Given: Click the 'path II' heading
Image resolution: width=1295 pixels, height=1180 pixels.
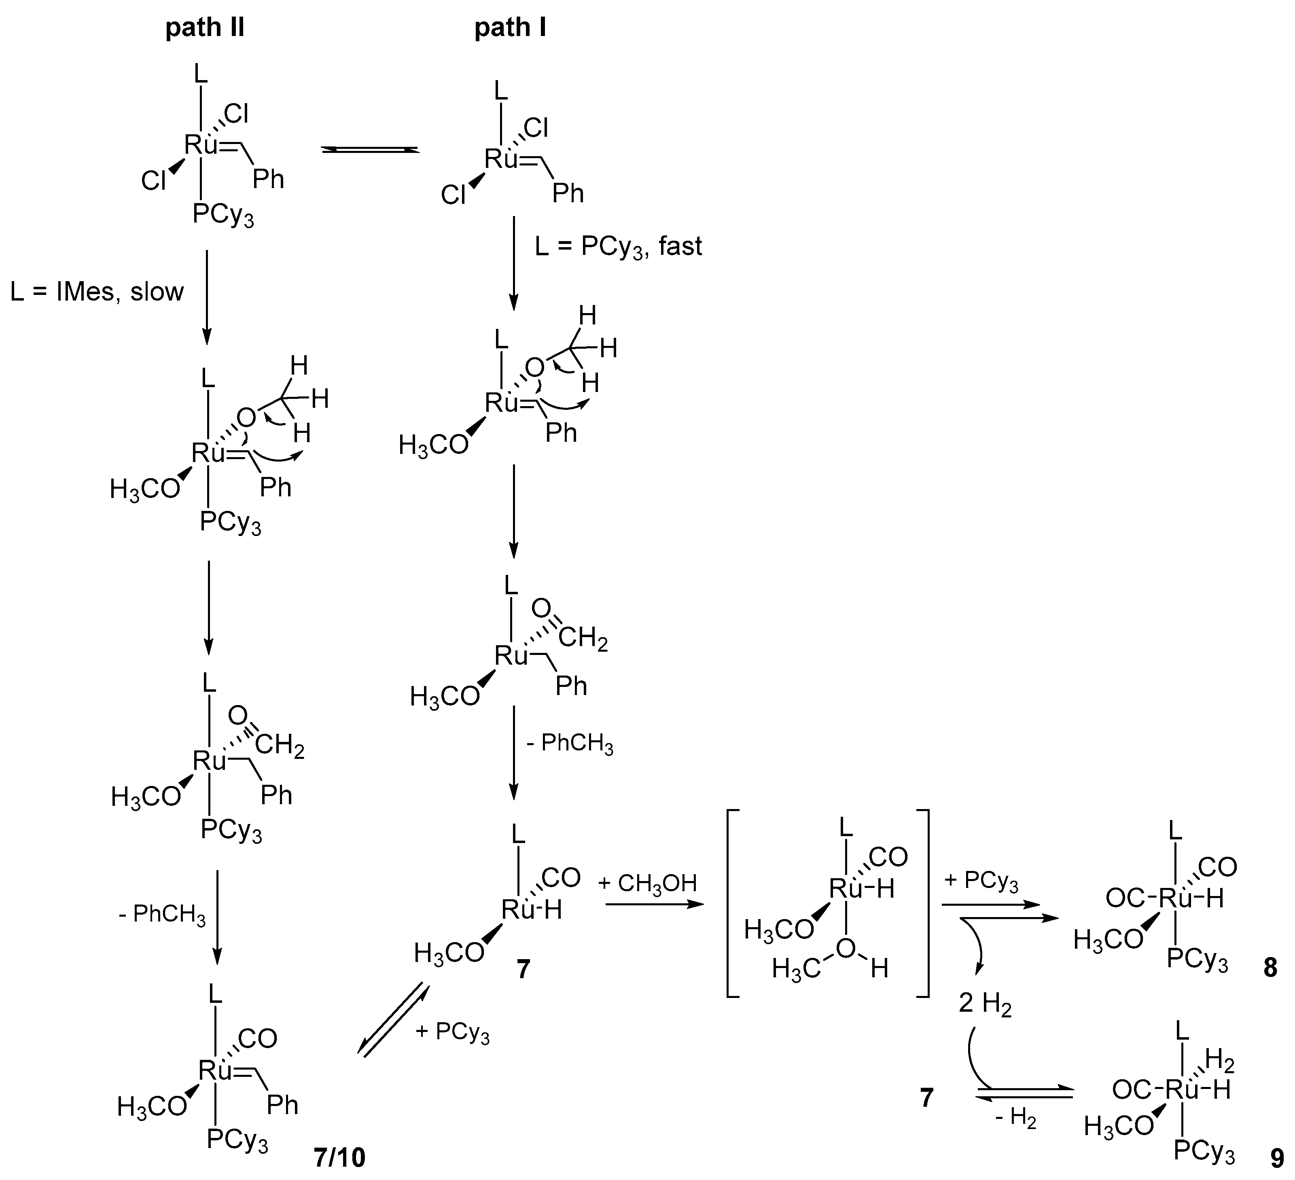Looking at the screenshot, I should (x=205, y=28).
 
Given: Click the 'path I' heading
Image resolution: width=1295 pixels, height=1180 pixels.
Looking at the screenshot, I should (x=510, y=28).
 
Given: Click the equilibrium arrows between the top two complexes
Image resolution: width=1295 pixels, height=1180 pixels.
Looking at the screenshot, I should (x=370, y=150).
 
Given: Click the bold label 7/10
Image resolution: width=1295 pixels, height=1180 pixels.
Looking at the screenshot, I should (x=339, y=1157).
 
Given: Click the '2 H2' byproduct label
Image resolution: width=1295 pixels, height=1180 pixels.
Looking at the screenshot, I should (x=985, y=1003).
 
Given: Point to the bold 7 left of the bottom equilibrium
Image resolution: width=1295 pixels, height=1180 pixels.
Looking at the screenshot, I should (x=926, y=1098).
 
